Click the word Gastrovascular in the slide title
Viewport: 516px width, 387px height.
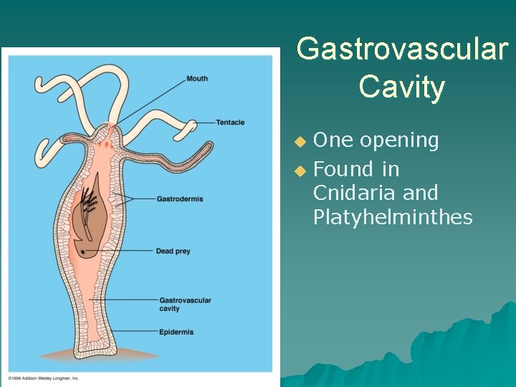pos(401,50)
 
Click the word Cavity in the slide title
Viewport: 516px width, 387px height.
pos(401,87)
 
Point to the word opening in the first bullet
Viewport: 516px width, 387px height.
pos(398,141)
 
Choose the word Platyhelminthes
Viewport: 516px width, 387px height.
pos(393,217)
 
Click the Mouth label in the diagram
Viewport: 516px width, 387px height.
pos(197,78)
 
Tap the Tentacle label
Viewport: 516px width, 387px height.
pos(230,123)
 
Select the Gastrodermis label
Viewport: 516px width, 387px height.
pos(180,199)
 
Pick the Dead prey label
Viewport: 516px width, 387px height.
pos(173,252)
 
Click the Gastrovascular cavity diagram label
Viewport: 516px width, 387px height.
pos(185,305)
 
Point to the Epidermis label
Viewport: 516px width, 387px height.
pos(176,332)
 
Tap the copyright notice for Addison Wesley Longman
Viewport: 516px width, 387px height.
pos(44,378)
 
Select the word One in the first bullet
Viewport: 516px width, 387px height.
pos(333,140)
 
